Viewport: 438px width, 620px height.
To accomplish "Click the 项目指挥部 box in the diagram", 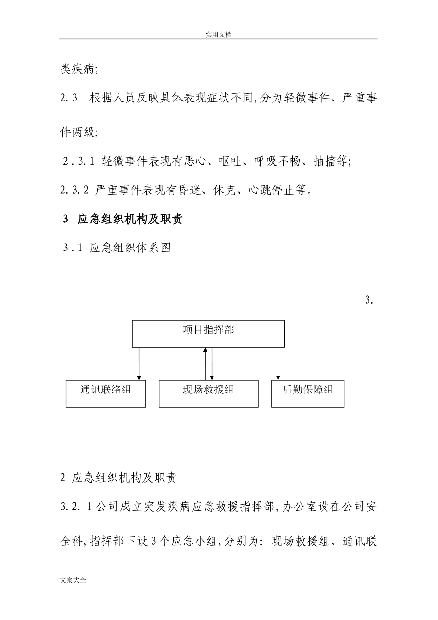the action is pyautogui.click(x=208, y=334).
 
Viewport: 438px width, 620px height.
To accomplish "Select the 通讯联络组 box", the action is pyautogui.click(x=106, y=393).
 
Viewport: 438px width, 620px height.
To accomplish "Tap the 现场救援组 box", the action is pyautogui.click(x=208, y=393).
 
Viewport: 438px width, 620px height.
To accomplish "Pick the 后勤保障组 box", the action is pyautogui.click(x=308, y=393).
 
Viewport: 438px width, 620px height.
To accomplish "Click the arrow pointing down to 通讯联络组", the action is pyautogui.click(x=139, y=364).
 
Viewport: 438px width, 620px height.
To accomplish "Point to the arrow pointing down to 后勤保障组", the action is pyautogui.click(x=278, y=364).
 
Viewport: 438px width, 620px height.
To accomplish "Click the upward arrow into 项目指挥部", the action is pyautogui.click(x=205, y=364).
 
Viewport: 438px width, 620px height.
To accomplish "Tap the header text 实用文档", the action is pyautogui.click(x=218, y=34).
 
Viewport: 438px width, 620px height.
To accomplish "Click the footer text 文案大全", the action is pyautogui.click(x=73, y=580).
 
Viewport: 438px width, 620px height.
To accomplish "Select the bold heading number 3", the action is pyautogui.click(x=65, y=219).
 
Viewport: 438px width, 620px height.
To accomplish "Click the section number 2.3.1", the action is pyautogui.click(x=79, y=161).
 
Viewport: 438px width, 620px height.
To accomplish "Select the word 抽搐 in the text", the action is pyautogui.click(x=325, y=161).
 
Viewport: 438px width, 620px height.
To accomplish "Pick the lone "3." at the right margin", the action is pyautogui.click(x=369, y=300).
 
